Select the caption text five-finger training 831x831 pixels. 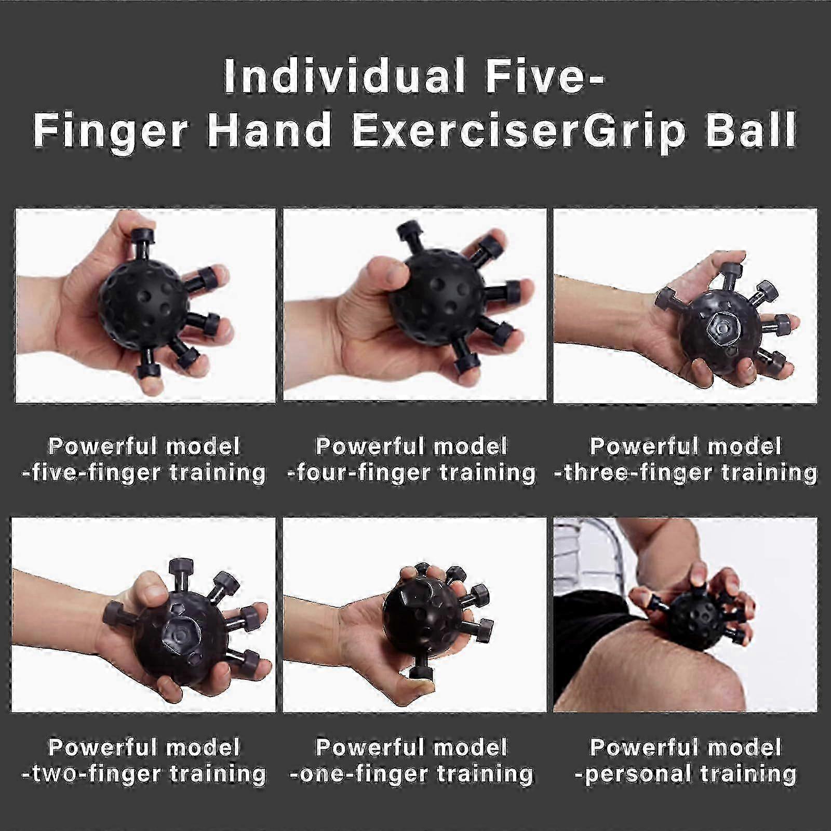[143, 473]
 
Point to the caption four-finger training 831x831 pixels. [411, 473]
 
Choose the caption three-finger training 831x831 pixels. [686, 473]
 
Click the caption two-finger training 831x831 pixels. [143, 773]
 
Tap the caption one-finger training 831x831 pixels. [411, 773]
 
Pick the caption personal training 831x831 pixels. [686, 773]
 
